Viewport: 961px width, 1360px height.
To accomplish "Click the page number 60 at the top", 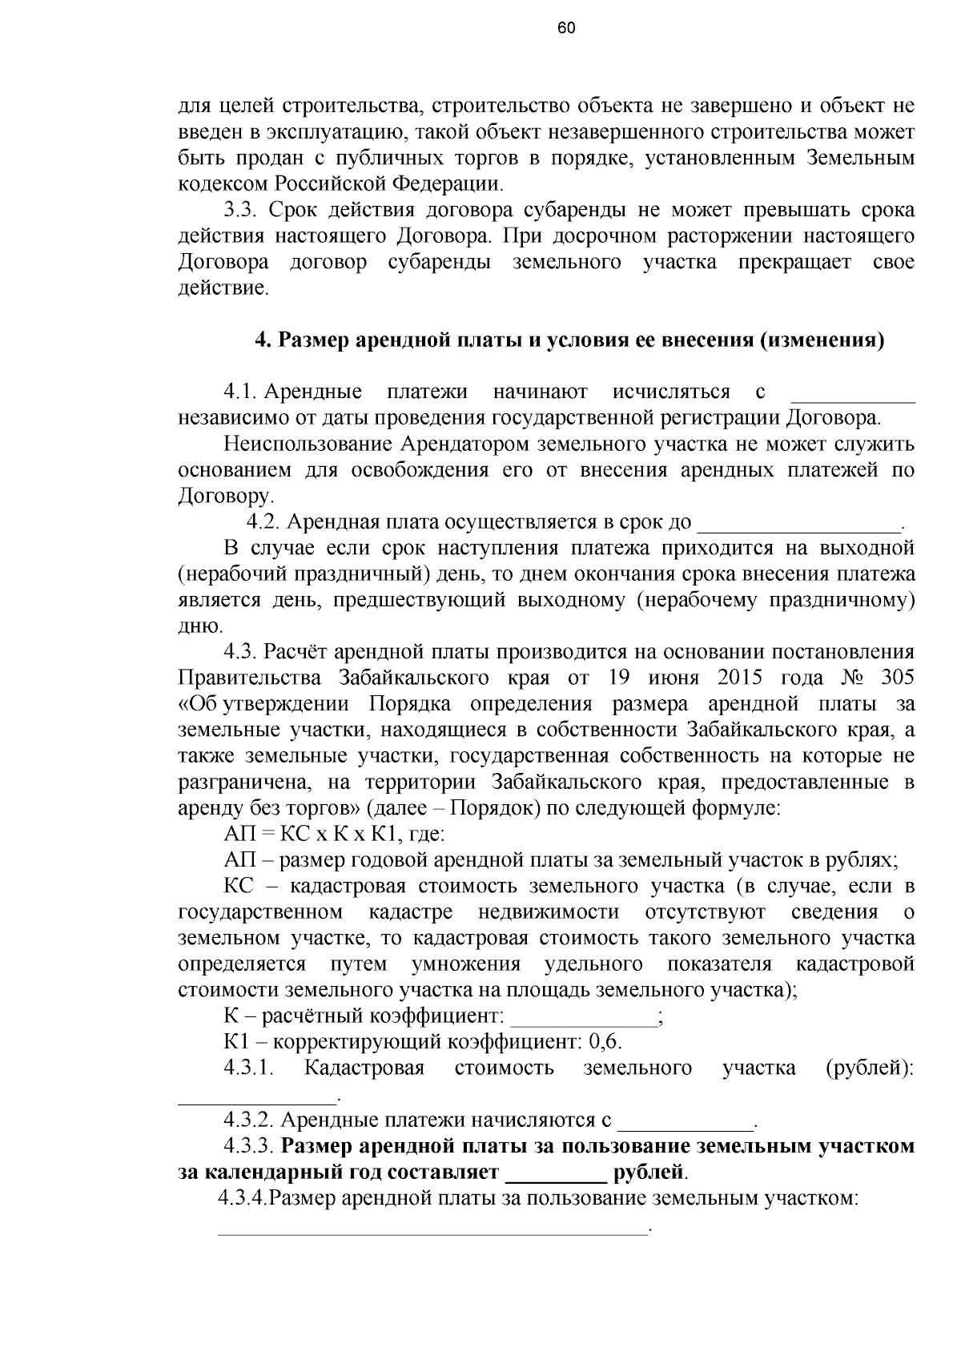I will [x=565, y=29].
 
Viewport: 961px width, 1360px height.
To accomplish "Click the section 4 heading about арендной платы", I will [x=569, y=340].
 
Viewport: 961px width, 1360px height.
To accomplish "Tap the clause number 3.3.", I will [x=239, y=211].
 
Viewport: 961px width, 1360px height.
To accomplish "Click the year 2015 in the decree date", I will [x=744, y=678].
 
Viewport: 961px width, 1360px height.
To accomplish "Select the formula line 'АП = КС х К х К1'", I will [x=334, y=834].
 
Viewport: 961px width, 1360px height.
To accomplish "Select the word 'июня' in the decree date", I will [x=674, y=678].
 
